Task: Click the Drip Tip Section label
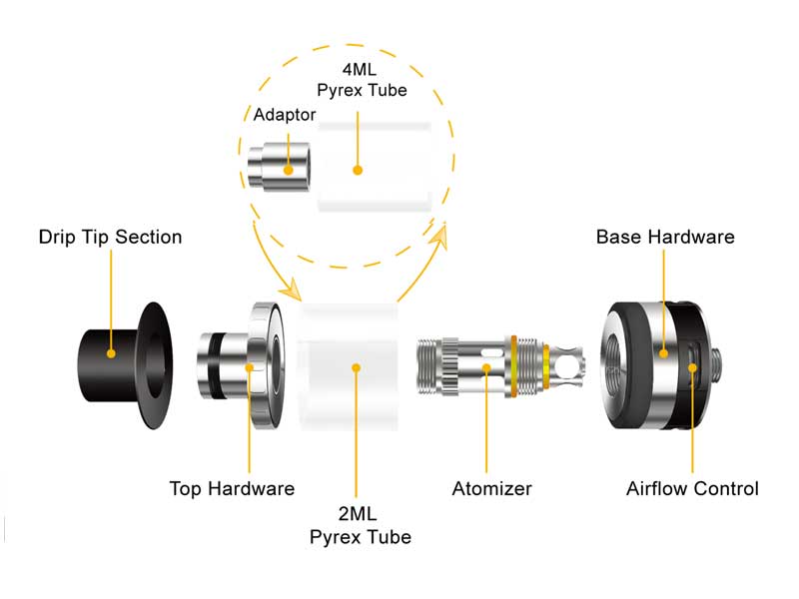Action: click(x=110, y=238)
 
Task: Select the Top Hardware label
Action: click(x=232, y=489)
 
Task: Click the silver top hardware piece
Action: click(x=250, y=368)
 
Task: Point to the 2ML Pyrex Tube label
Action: click(x=360, y=525)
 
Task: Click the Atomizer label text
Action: click(x=491, y=489)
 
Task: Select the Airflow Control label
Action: click(x=692, y=489)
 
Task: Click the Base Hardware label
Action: click(x=665, y=238)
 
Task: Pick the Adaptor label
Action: click(x=285, y=115)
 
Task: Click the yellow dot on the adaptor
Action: click(x=290, y=170)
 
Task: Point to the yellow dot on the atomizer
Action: click(x=487, y=369)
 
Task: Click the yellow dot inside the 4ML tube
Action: click(x=357, y=170)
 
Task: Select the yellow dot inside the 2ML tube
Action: click(x=357, y=368)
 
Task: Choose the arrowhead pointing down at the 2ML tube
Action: click(x=293, y=291)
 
